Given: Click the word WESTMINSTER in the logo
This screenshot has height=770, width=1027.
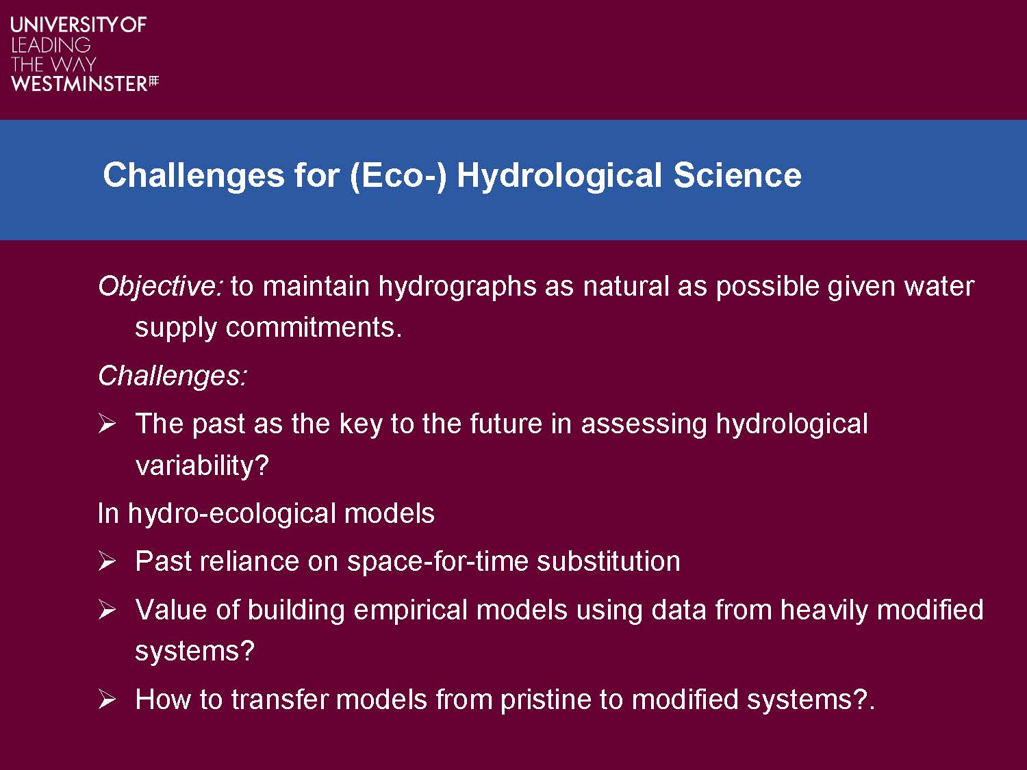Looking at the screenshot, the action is (x=79, y=84).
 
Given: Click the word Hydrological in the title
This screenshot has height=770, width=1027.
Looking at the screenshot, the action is (x=559, y=177).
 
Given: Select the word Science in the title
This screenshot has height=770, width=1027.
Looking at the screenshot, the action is (x=737, y=175).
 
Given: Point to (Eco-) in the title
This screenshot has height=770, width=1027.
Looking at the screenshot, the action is (x=398, y=177).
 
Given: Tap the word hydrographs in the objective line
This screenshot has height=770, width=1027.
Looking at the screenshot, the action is (x=457, y=287).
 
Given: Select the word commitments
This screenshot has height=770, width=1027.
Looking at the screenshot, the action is (x=314, y=327).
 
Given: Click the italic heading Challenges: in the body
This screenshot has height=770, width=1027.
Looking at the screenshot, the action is (x=173, y=376).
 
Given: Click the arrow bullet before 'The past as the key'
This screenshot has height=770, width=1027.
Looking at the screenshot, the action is (x=107, y=424).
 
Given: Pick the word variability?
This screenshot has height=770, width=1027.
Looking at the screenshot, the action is (x=202, y=465).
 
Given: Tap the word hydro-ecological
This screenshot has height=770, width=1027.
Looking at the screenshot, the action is (x=231, y=514).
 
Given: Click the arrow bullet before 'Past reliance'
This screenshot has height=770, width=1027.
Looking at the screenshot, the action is (x=107, y=561).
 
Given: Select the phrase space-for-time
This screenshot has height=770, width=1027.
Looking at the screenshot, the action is (x=438, y=561).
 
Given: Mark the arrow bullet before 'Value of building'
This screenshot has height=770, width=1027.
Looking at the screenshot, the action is (x=107, y=610).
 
